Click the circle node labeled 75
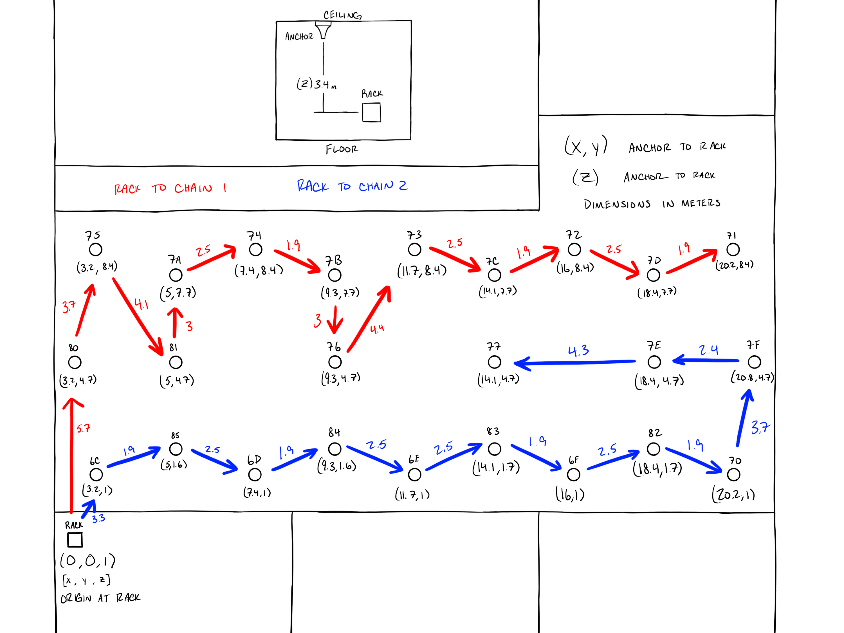[x=95, y=250]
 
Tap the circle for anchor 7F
[x=754, y=362]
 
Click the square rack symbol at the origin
[x=75, y=540]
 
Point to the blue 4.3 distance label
[x=578, y=351]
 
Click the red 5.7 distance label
[x=83, y=428]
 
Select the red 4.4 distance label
[x=377, y=329]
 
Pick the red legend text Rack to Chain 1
[x=170, y=188]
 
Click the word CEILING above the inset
[x=342, y=15]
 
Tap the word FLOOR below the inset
[x=342, y=149]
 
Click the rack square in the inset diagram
[x=371, y=113]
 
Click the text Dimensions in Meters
[x=652, y=204]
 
